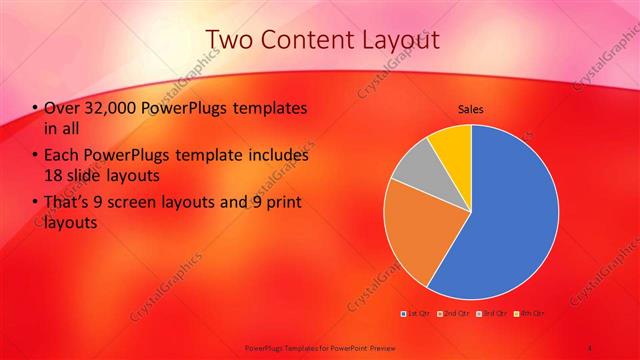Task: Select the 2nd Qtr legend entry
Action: click(454, 314)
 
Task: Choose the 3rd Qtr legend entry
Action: click(492, 314)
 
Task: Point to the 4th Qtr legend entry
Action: click(530, 314)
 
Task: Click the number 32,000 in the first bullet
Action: click(111, 107)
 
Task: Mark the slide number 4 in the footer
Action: click(590, 347)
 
